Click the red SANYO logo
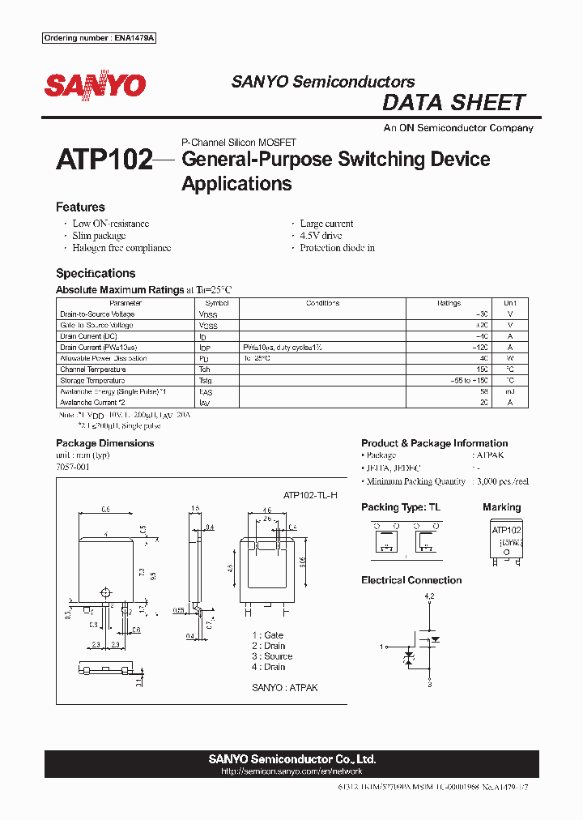point(95,86)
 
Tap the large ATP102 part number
point(104,160)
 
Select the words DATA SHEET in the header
point(453,103)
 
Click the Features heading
point(80,207)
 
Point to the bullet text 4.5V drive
point(321,236)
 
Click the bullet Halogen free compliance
point(121,248)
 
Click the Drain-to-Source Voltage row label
point(97,314)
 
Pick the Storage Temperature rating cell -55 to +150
point(470,380)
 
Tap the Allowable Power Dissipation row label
point(104,358)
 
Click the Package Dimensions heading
point(104,443)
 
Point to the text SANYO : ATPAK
point(284,687)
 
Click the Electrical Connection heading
point(411,580)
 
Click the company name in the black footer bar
point(291,759)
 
